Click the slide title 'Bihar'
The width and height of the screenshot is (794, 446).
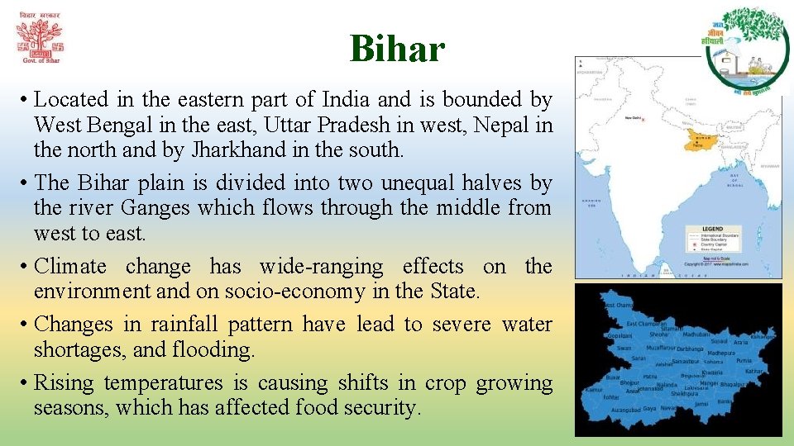click(397, 49)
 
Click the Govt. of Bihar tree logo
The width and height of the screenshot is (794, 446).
click(39, 39)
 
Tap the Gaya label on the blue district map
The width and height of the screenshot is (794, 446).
click(649, 409)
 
